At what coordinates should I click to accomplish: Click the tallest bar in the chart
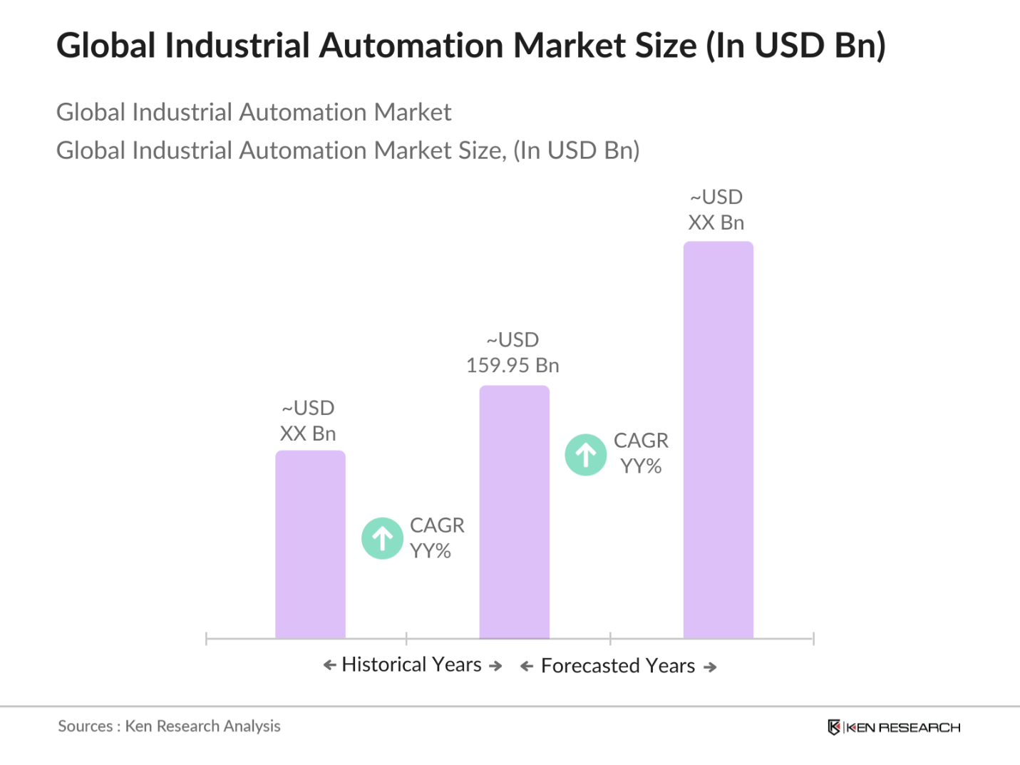(718, 439)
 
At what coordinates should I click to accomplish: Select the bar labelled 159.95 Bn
(514, 511)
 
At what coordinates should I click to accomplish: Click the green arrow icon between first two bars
(383, 538)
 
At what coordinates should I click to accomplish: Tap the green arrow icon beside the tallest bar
(586, 455)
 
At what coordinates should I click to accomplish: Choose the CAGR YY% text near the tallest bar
(641, 453)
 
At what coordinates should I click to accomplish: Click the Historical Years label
(412, 664)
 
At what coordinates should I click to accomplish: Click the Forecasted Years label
(618, 666)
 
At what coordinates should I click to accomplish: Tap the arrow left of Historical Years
(329, 665)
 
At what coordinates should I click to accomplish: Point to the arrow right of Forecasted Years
(710, 667)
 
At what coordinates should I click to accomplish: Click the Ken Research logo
(894, 727)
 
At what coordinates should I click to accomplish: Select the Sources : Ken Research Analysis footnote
(169, 727)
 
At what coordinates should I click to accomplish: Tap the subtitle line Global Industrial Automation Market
(254, 113)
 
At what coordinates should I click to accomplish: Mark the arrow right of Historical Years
(495, 666)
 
